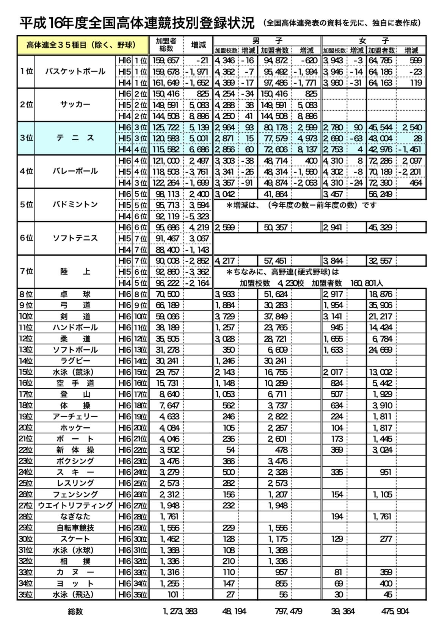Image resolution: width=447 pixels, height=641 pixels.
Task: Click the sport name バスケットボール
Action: point(75,71)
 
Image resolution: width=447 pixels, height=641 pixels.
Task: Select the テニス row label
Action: point(75,138)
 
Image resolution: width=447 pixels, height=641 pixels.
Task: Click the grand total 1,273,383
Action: point(180,611)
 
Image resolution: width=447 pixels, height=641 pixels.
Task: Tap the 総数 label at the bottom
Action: point(75,611)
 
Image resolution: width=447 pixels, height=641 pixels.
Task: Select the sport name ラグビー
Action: point(75,361)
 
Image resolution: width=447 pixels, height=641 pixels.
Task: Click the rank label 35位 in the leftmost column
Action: point(26,594)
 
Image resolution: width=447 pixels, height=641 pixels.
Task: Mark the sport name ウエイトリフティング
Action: point(75,505)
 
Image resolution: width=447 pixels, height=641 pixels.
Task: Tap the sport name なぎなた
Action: point(75,516)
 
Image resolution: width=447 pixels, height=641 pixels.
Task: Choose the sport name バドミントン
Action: point(75,205)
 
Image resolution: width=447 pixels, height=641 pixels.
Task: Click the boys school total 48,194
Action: point(234,611)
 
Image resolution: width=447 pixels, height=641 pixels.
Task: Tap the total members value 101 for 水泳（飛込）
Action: point(173,594)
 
